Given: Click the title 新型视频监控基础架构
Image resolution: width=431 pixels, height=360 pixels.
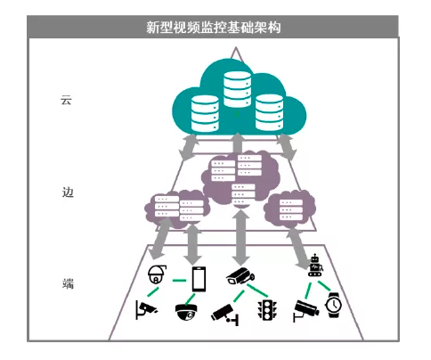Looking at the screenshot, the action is pos(213,28).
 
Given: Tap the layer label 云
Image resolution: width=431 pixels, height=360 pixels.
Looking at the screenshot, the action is pos(66,100).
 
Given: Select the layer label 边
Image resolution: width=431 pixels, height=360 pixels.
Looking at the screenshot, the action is pos(68,192).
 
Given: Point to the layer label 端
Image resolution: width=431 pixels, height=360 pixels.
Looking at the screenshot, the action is pos(68,283).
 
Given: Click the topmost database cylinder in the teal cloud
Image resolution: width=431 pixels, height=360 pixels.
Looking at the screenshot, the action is pos(237,89).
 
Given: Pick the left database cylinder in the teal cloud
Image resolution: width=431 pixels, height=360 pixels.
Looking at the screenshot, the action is pos(205,113).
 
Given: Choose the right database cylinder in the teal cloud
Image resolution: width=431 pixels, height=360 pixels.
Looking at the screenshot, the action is pos(269,112).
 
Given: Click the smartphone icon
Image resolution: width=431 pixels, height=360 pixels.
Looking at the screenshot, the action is pos(199,279).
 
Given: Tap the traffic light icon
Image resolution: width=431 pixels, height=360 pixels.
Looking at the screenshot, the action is pos(267,310).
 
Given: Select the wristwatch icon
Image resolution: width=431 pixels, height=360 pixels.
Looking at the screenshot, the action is pos(334,305).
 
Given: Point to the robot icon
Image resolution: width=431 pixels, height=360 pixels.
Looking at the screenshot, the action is pos(315,266).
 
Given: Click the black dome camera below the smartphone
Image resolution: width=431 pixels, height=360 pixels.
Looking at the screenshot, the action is pos(186,312).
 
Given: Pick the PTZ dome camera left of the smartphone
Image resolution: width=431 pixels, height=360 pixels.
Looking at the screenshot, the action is pos(157,274).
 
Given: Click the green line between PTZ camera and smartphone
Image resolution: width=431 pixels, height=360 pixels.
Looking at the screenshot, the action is pos(179,280).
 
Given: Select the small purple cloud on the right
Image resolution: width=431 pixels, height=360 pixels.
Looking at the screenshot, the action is pos(289,209).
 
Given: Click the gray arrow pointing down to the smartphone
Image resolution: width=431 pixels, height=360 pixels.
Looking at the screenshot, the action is pos(192,244).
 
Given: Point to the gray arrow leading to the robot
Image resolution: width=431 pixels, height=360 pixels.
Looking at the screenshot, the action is pos(298,249).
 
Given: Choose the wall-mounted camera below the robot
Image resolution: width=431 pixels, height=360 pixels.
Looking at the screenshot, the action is pos(305,311).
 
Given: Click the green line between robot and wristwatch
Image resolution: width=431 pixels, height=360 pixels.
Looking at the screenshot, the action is pos(324,286).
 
